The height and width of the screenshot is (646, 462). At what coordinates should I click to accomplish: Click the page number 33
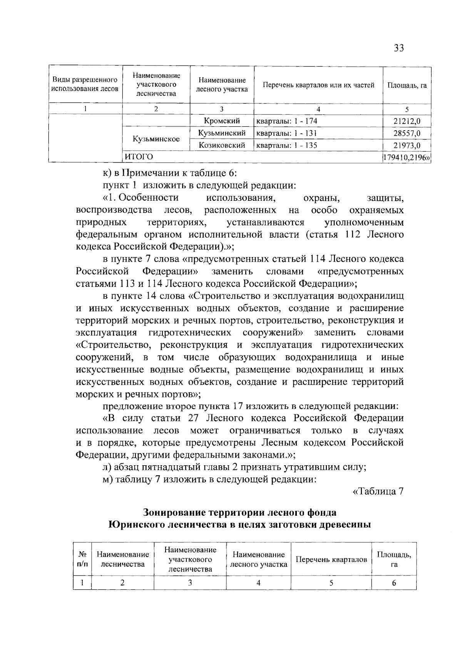(398, 48)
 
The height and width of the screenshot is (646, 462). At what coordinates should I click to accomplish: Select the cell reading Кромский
(222, 121)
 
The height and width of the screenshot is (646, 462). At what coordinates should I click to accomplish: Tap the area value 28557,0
(407, 133)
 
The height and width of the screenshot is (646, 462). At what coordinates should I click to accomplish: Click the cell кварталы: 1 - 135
(287, 145)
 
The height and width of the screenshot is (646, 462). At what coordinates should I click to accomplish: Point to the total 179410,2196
(406, 157)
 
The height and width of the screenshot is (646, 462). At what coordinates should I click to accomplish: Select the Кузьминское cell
(156, 139)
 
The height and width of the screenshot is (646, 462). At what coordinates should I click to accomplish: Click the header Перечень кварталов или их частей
(318, 85)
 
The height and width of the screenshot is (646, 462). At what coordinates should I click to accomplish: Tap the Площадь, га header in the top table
(407, 85)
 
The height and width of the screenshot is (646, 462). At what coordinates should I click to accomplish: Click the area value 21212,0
(407, 121)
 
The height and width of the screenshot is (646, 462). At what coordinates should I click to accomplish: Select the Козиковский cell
(222, 145)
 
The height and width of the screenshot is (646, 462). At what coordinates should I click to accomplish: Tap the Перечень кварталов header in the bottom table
(331, 559)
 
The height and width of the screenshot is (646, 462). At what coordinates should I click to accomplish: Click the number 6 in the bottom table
(394, 583)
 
